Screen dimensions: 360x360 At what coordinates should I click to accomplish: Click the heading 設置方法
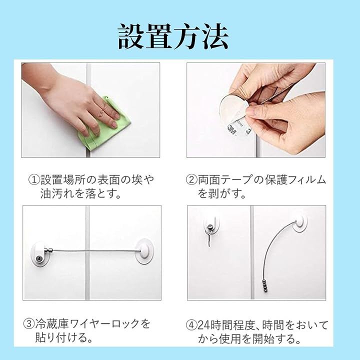point(173,36)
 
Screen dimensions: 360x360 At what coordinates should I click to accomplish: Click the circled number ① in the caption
point(34,179)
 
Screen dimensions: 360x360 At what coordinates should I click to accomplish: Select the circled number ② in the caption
point(191,179)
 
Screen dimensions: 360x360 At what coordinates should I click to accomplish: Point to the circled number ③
point(29,323)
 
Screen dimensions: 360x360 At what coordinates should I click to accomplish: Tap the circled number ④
point(191,325)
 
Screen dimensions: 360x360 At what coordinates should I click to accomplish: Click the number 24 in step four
point(203,325)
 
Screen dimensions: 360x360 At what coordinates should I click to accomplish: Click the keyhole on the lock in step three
point(38,259)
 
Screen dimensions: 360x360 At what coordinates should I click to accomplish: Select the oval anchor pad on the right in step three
point(144,251)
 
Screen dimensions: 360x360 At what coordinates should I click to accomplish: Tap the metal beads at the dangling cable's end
point(265,285)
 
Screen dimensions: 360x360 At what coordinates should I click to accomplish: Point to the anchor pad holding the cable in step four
point(299,222)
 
